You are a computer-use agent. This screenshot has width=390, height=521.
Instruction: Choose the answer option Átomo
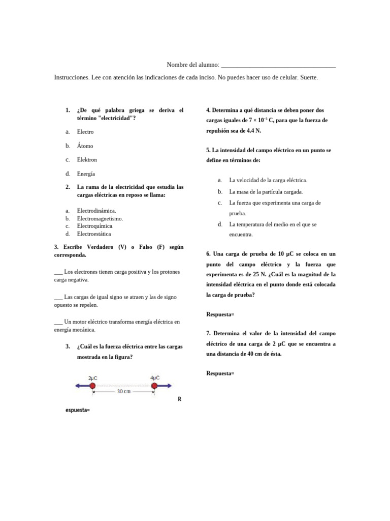(x=85, y=146)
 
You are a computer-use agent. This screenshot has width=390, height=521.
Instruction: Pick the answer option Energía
(x=86, y=173)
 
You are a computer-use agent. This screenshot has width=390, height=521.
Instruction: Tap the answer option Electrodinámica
(x=96, y=211)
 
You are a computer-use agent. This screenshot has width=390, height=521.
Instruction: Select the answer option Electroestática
(x=93, y=234)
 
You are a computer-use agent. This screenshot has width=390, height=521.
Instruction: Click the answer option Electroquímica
(x=95, y=226)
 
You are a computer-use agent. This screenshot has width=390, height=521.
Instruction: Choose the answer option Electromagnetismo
(x=100, y=219)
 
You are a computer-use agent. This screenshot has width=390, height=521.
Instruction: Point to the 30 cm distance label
(x=123, y=392)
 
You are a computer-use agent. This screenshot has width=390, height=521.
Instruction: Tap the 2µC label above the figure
(x=93, y=378)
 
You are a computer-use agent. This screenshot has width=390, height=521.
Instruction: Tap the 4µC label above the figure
(x=155, y=378)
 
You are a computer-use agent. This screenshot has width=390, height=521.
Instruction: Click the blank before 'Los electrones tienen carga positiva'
(x=58, y=272)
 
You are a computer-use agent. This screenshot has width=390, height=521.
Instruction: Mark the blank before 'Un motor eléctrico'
(x=58, y=322)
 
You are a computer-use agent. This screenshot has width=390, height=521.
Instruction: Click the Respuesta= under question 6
(x=220, y=315)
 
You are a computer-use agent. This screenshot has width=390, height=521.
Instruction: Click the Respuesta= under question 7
(x=220, y=374)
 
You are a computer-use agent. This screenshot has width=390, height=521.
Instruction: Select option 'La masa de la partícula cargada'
(x=266, y=192)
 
